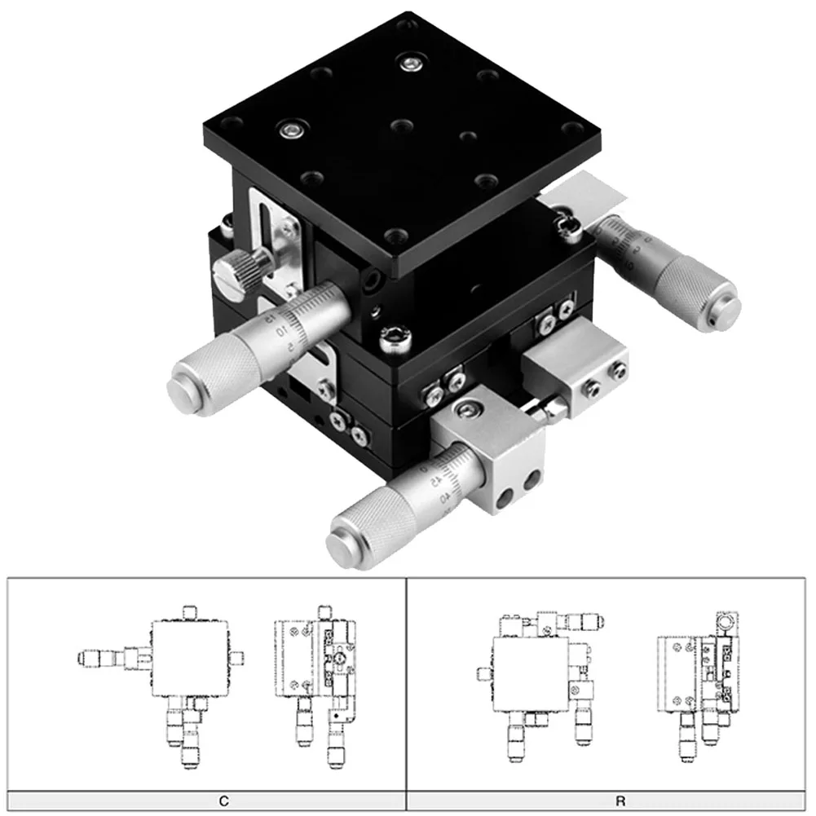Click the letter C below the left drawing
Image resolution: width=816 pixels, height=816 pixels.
[x=223, y=801]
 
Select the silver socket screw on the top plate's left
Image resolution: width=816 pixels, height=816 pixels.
[x=290, y=128]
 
